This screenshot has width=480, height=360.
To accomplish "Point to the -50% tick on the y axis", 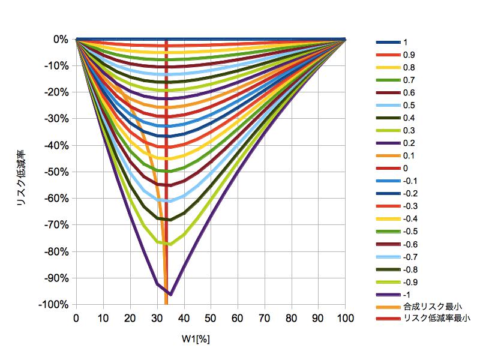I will click(59, 172).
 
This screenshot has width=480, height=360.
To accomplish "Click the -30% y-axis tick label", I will click(59, 119).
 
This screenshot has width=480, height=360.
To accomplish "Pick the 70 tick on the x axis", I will click(265, 317).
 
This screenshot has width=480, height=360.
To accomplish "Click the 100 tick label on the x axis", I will click(345, 317).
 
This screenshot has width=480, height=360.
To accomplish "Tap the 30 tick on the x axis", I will click(157, 317).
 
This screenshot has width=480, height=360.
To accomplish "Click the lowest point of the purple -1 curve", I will click(170, 295).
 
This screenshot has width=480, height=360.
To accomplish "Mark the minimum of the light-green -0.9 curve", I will click(170, 244).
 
